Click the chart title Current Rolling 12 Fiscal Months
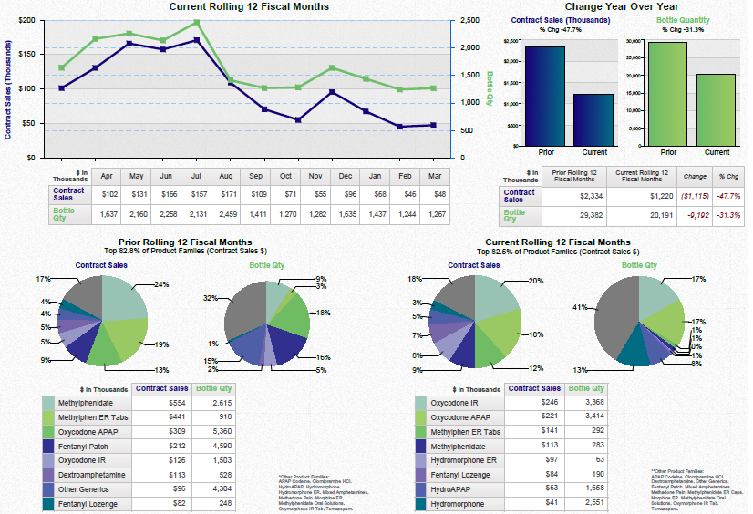pos(249,7)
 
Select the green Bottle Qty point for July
pos(196,22)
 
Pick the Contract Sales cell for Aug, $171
pos(226,194)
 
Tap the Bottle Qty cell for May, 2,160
pos(136,214)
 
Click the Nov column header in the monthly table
pos(315,175)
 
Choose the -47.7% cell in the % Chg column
pos(728,195)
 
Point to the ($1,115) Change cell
pos(695,195)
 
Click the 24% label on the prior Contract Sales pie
pos(161,284)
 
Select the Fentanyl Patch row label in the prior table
pos(88,447)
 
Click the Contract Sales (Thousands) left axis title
pos(8,88)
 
